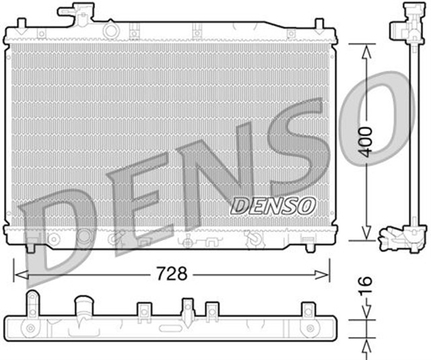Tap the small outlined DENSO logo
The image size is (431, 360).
point(273,205)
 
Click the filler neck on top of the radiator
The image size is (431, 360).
point(75,11)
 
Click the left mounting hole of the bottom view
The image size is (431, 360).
point(30,328)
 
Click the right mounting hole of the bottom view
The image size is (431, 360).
point(310,328)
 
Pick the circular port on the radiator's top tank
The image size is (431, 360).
point(109,30)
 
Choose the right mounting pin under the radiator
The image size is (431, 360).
point(311,247)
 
